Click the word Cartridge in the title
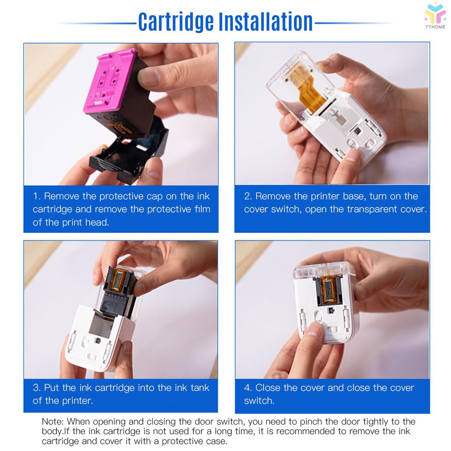tap(176, 22)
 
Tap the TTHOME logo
tap(435, 15)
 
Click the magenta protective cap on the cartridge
tap(110, 80)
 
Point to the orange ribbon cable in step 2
tap(308, 86)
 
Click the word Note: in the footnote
tap(53, 421)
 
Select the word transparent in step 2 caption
tap(372, 209)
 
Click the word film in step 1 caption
tap(202, 209)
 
